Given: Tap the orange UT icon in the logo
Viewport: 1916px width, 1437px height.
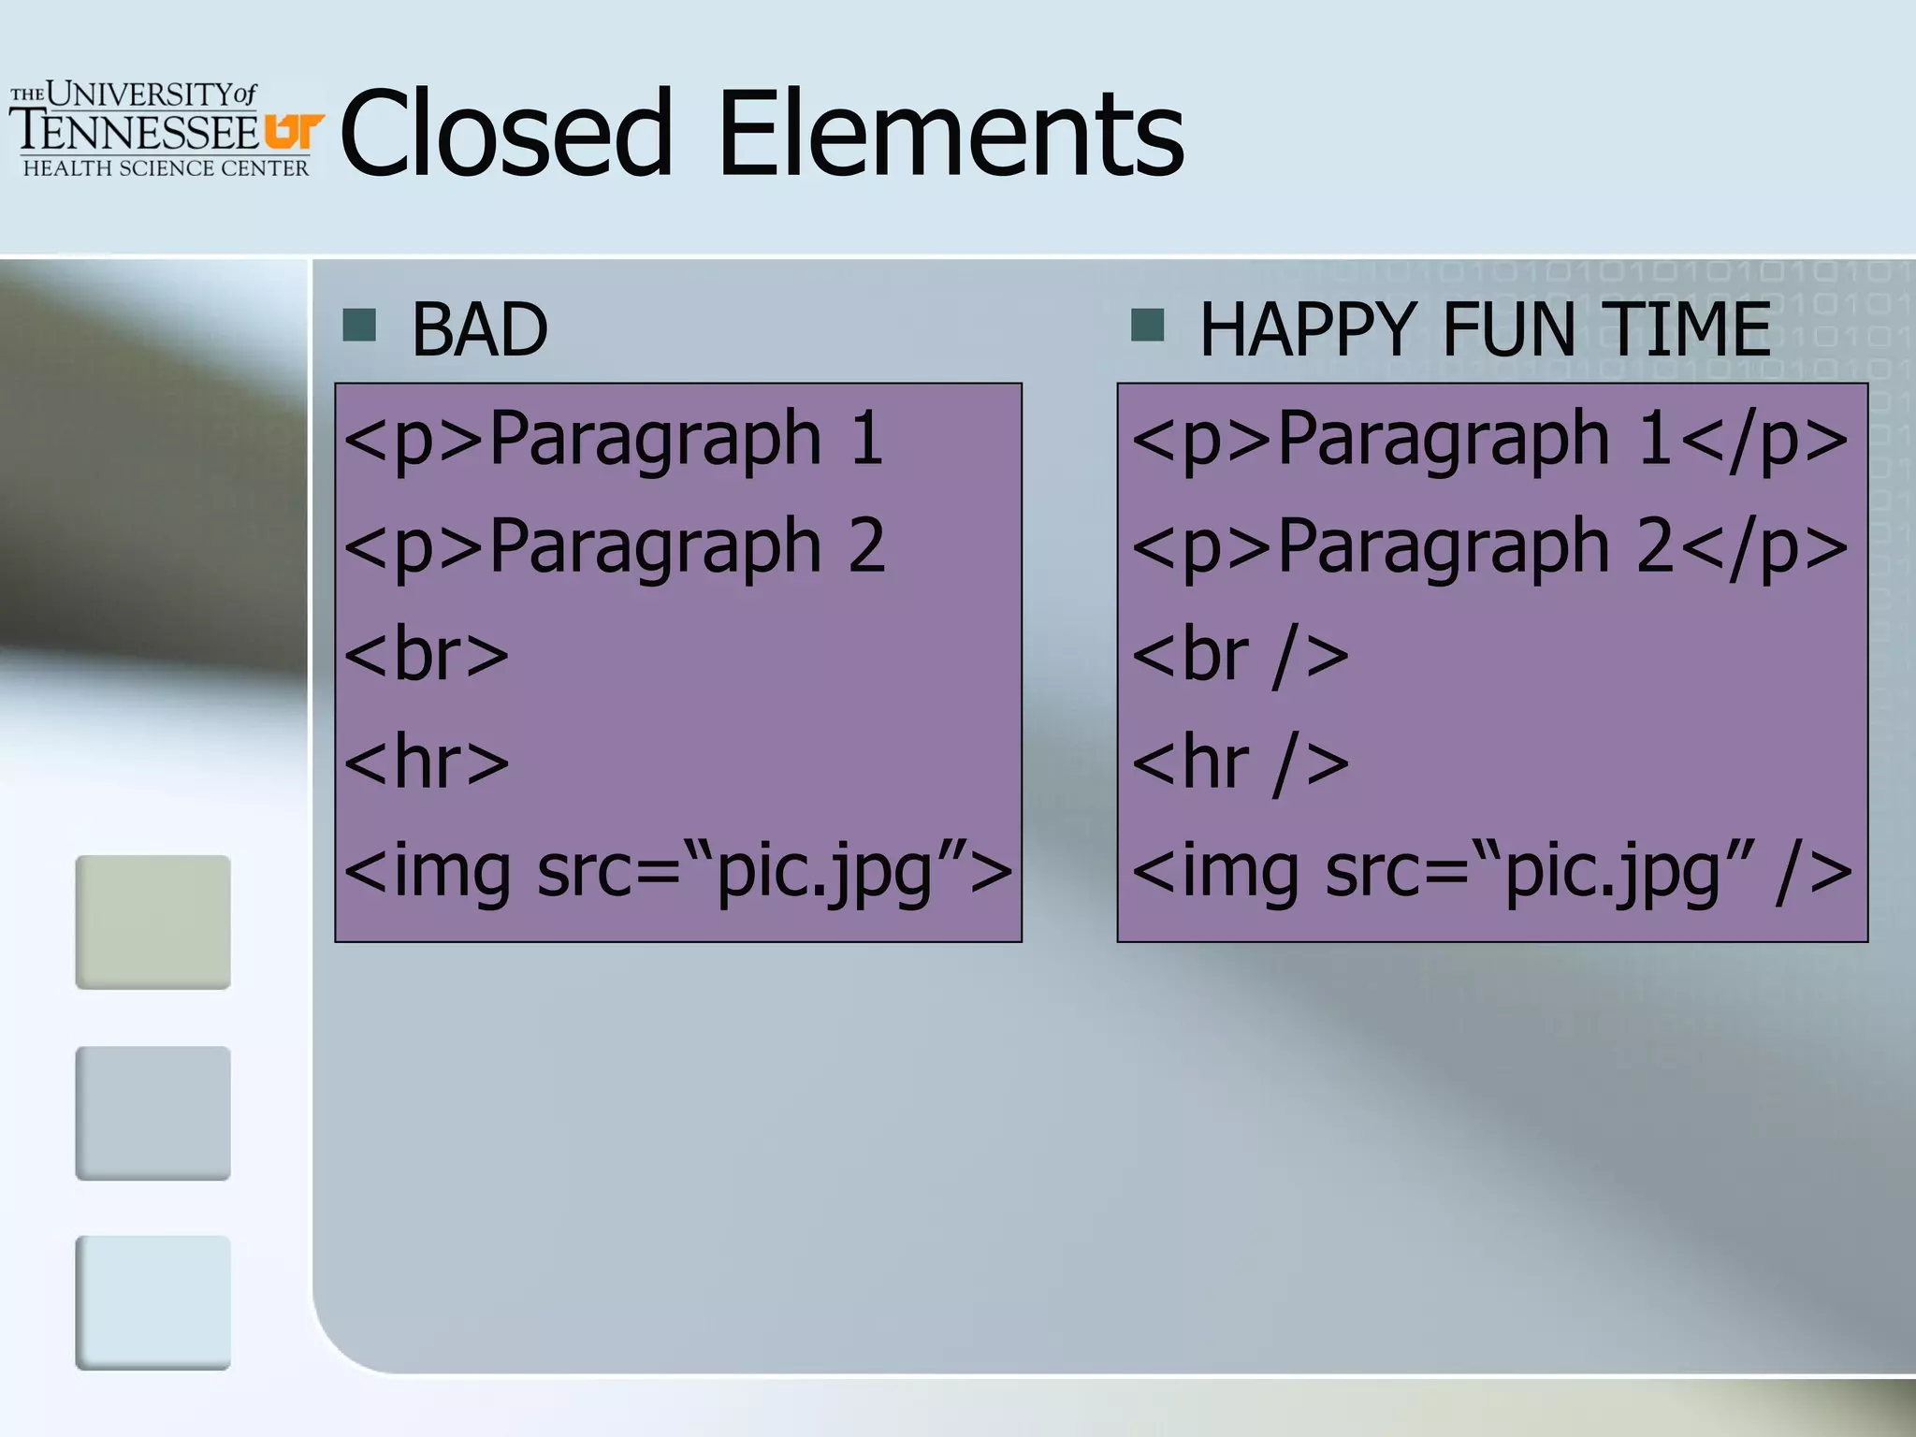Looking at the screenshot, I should click(x=294, y=131).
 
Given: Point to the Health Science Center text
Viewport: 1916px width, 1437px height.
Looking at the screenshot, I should click(x=166, y=168).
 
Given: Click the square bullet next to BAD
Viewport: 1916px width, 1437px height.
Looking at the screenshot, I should click(x=359, y=326).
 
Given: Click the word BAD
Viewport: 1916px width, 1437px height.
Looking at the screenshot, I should click(x=479, y=329).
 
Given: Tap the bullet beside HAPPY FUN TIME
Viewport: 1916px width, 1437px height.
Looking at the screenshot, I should click(x=1147, y=326).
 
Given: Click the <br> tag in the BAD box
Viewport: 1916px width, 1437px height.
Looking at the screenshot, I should click(x=427, y=654).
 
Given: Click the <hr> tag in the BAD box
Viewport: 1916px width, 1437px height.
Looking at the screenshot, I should click(x=427, y=762).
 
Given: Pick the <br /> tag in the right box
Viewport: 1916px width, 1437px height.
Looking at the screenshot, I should click(x=1240, y=654).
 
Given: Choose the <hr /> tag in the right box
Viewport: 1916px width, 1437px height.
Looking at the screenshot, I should click(x=1240, y=762).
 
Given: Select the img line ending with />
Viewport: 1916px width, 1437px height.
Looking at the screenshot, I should click(x=1491, y=871).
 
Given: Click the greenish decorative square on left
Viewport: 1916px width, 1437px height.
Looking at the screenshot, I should click(x=152, y=922).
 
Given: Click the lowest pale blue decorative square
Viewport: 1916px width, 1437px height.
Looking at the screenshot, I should click(x=152, y=1302).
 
